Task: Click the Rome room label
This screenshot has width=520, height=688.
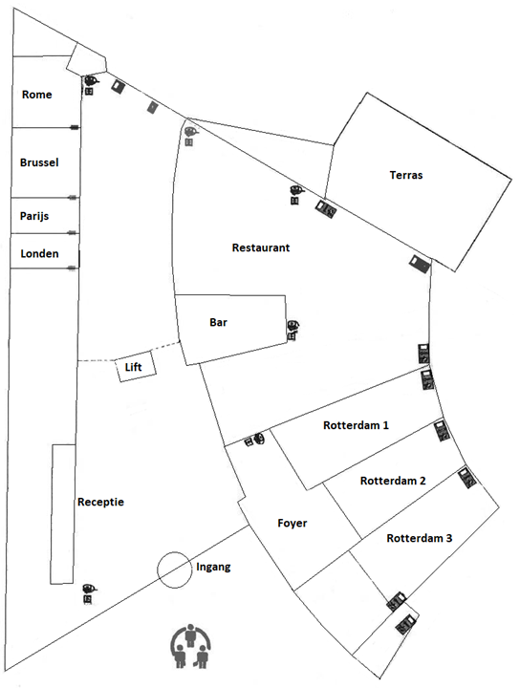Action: click(x=37, y=95)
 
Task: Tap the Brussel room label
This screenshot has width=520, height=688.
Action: click(x=39, y=162)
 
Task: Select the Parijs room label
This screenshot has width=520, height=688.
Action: click(x=34, y=216)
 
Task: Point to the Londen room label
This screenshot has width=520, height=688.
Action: click(x=39, y=253)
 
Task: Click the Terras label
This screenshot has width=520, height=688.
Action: click(x=406, y=175)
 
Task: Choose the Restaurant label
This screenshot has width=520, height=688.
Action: click(x=261, y=247)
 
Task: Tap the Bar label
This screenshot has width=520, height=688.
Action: click(x=218, y=322)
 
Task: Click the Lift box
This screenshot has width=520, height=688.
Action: click(x=136, y=366)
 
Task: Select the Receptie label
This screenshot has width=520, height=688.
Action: click(x=100, y=502)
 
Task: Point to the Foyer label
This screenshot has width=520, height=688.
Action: click(x=292, y=523)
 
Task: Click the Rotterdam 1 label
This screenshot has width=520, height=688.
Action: click(x=356, y=425)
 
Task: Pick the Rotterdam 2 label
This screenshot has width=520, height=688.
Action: click(x=393, y=481)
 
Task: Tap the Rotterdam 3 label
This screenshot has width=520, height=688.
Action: click(x=419, y=538)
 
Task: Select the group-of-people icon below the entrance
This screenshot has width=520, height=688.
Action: click(x=191, y=646)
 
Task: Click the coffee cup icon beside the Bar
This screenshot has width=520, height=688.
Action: click(x=293, y=326)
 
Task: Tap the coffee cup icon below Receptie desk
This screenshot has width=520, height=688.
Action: click(x=89, y=588)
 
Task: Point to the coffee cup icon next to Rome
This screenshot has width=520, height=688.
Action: click(x=91, y=80)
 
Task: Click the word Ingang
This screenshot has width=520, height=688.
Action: click(x=213, y=567)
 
